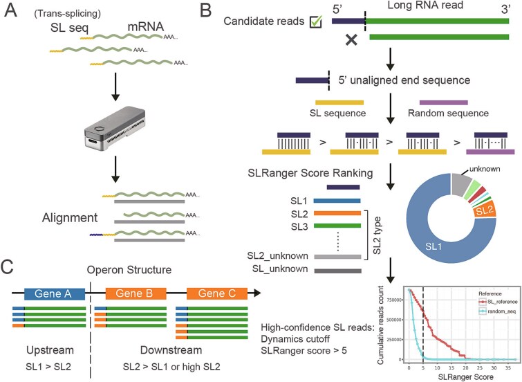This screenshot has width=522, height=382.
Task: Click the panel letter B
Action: (x=209, y=12)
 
